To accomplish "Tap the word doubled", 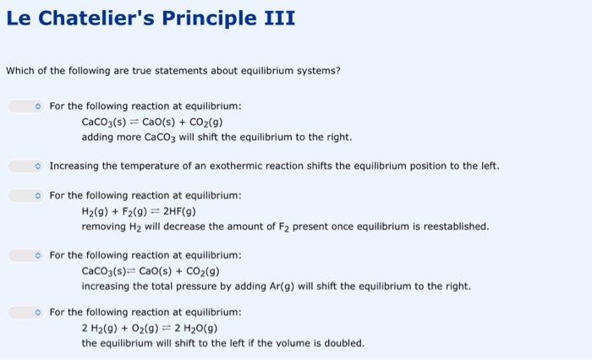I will tap(346, 343).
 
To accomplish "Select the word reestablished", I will tap(455, 226).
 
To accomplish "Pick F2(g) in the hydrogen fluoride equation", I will tap(131, 211).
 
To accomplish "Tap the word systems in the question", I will tap(319, 70).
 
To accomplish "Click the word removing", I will tap(102, 226).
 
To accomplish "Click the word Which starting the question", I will tap(19, 70).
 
